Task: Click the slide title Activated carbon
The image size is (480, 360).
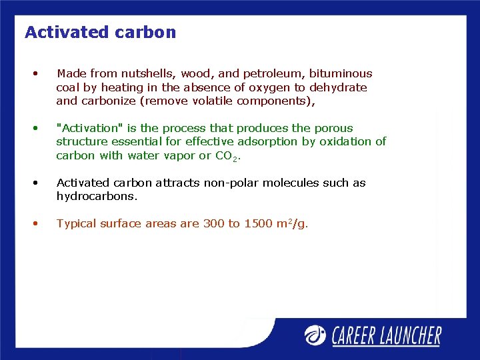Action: coord(100,32)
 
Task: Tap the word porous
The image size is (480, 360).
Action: coord(335,128)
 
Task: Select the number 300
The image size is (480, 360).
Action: coord(213,224)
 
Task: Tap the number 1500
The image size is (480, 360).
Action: coord(257,224)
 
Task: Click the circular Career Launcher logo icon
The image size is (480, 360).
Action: coord(315,335)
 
